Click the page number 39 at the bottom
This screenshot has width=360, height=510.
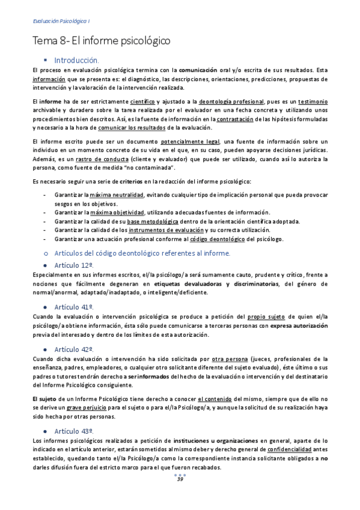point(180,479)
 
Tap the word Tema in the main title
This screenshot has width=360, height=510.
point(44,41)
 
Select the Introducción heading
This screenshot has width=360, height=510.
point(77,61)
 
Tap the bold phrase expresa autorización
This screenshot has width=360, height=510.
point(298,325)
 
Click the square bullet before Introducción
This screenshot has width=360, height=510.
point(46,61)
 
